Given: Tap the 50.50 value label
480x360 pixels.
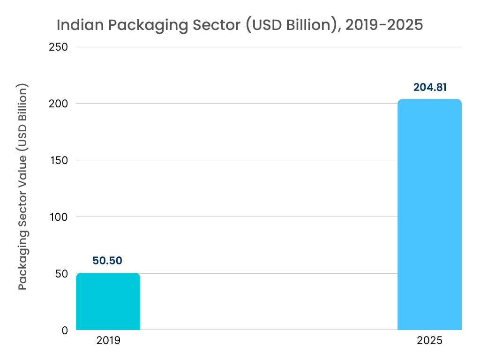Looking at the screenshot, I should pyautogui.click(x=108, y=261).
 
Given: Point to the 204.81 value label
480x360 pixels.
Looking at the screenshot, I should pyautogui.click(x=429, y=87).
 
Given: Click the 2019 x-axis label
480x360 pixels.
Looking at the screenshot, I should pyautogui.click(x=108, y=341).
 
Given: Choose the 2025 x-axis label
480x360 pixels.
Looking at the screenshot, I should pyautogui.click(x=429, y=341).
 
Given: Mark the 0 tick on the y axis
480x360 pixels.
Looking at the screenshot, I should pyautogui.click(x=65, y=330).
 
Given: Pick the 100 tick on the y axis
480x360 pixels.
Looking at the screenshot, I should pyautogui.click(x=59, y=217).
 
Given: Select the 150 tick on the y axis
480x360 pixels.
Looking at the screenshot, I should pyautogui.click(x=59, y=160).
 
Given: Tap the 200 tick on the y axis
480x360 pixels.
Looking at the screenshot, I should pyautogui.click(x=59, y=104).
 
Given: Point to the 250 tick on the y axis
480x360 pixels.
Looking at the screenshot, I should pyautogui.click(x=59, y=47).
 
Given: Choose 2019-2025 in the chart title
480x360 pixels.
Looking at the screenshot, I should pyautogui.click(x=384, y=25).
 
